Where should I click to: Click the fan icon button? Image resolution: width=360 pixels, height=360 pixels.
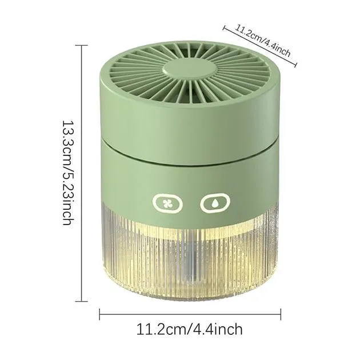167,203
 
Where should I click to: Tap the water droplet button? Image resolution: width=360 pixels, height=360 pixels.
215,203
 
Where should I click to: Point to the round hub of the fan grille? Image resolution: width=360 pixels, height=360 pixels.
190,69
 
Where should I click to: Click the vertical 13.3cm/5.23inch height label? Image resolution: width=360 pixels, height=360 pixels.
69,173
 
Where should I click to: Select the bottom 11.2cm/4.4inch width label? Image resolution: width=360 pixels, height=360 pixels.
189,330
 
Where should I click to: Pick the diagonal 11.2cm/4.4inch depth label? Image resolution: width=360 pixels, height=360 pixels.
263,41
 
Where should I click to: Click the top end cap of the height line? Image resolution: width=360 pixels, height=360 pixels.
82,46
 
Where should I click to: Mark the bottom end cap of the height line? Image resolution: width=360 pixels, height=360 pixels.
82,301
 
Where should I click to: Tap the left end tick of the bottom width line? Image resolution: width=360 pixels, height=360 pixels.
99,314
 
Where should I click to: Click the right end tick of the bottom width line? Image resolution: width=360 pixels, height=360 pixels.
281,314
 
